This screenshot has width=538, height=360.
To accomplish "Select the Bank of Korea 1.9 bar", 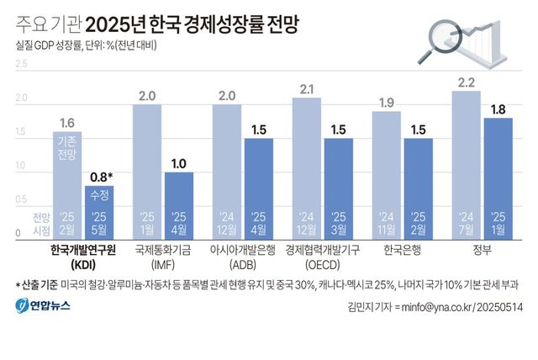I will (386, 173).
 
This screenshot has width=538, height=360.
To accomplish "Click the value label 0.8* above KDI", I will (101, 177).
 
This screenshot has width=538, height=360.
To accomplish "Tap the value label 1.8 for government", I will (498, 109).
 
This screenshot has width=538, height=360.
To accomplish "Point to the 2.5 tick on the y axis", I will (22, 63).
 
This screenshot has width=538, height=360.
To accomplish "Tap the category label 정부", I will (482, 250).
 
